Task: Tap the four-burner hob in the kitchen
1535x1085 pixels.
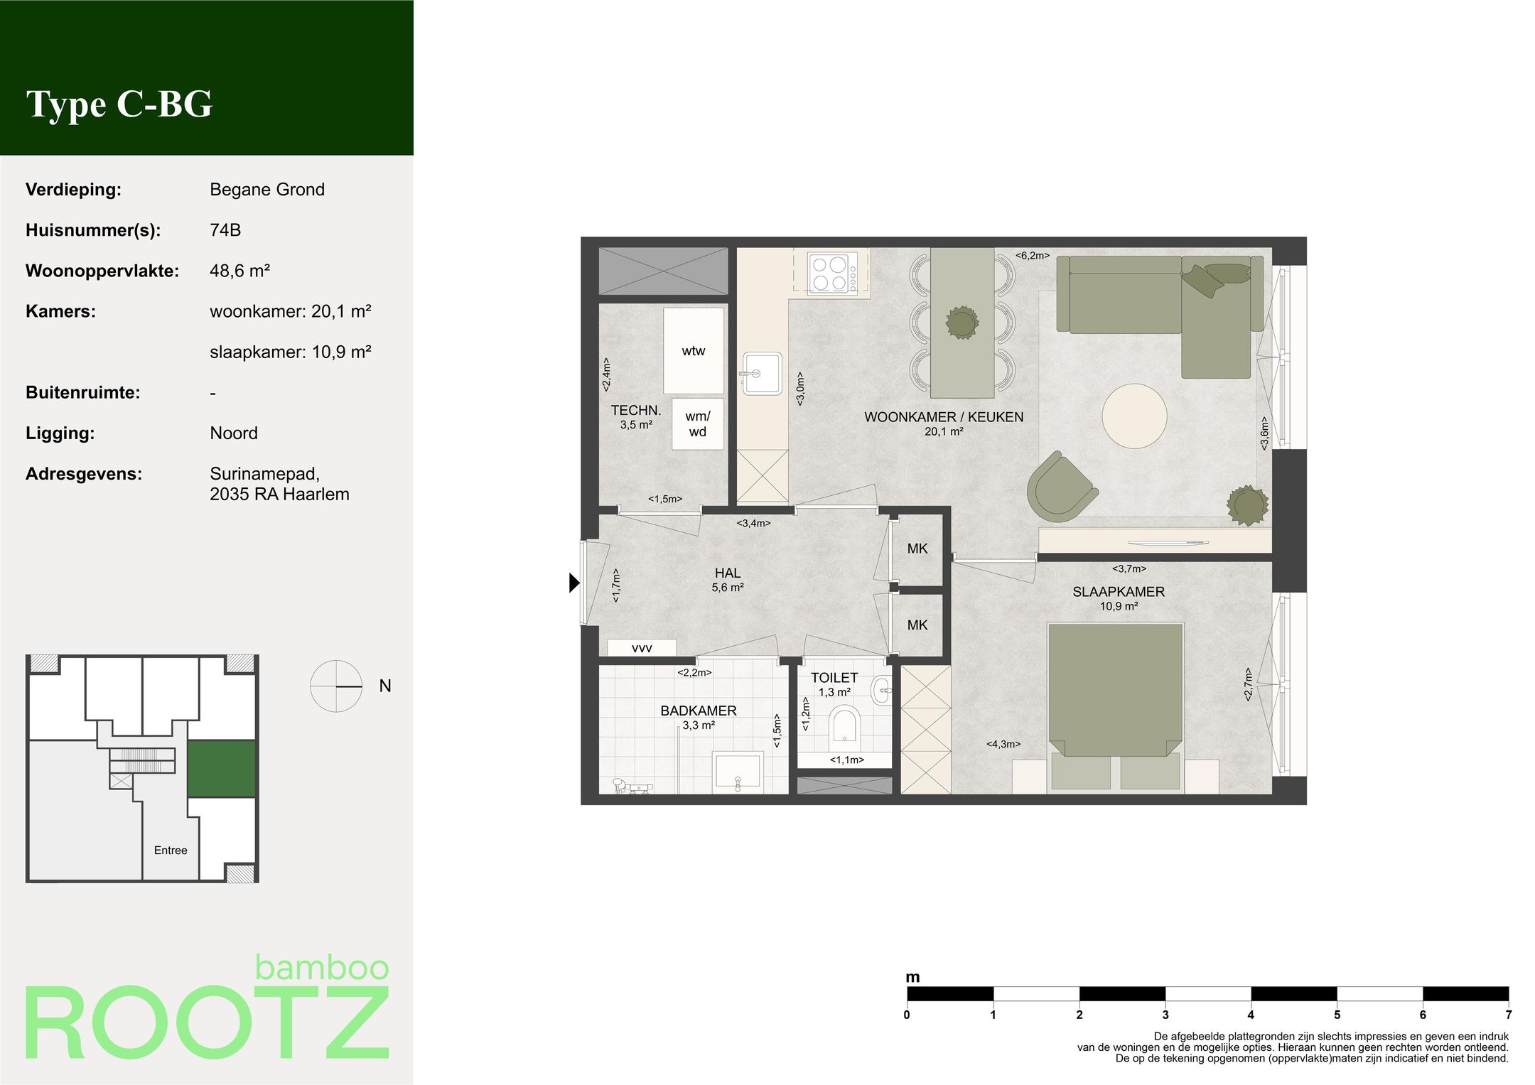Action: click(x=832, y=272)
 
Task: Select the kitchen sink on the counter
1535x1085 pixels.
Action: click(x=762, y=373)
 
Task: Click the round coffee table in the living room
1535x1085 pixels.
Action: click(x=1134, y=416)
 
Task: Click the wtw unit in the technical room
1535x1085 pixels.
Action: click(x=694, y=350)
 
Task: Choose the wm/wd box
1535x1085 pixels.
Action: click(x=698, y=424)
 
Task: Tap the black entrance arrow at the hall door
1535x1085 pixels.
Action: click(x=574, y=583)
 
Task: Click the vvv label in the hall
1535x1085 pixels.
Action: click(x=642, y=648)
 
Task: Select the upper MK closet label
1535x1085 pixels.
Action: click(x=917, y=549)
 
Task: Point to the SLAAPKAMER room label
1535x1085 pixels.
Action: click(x=1119, y=592)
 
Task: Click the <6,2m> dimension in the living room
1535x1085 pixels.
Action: click(x=1032, y=256)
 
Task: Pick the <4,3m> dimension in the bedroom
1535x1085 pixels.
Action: click(x=1003, y=745)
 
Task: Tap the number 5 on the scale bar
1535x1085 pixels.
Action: click(x=1337, y=1015)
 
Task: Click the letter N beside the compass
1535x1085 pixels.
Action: click(x=385, y=686)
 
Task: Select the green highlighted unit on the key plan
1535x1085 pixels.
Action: click(x=221, y=769)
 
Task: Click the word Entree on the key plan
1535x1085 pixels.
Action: click(x=171, y=851)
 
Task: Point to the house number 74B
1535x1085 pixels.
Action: click(x=225, y=230)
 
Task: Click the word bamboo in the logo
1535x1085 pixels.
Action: click(x=322, y=968)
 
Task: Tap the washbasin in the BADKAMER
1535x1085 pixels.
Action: click(x=738, y=773)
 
